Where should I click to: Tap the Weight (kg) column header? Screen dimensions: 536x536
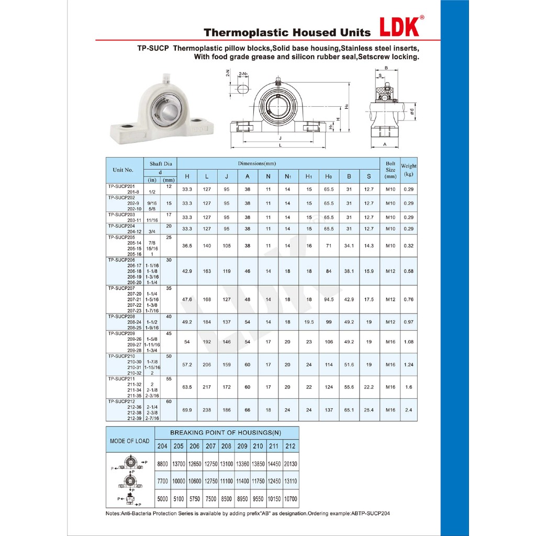[x=409, y=170]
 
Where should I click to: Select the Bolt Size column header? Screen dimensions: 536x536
[x=390, y=170]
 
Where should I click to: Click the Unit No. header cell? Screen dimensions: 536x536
[x=123, y=170]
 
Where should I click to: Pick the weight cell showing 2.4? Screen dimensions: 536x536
[x=409, y=410]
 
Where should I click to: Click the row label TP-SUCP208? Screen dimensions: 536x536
[x=121, y=316]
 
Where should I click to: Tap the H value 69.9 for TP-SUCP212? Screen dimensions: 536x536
[x=187, y=410]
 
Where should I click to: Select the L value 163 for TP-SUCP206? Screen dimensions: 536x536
[x=207, y=271]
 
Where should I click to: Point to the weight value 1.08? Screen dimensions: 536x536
[x=409, y=342]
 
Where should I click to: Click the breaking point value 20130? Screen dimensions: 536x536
[x=291, y=464]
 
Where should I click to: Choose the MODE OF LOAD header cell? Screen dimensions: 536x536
[x=129, y=441]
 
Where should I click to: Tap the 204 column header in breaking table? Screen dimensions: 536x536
[x=162, y=446]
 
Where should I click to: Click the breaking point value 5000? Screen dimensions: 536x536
[x=163, y=499]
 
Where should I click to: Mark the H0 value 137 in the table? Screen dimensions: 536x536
[x=329, y=410]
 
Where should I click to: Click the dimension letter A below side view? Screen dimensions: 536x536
[x=385, y=144]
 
